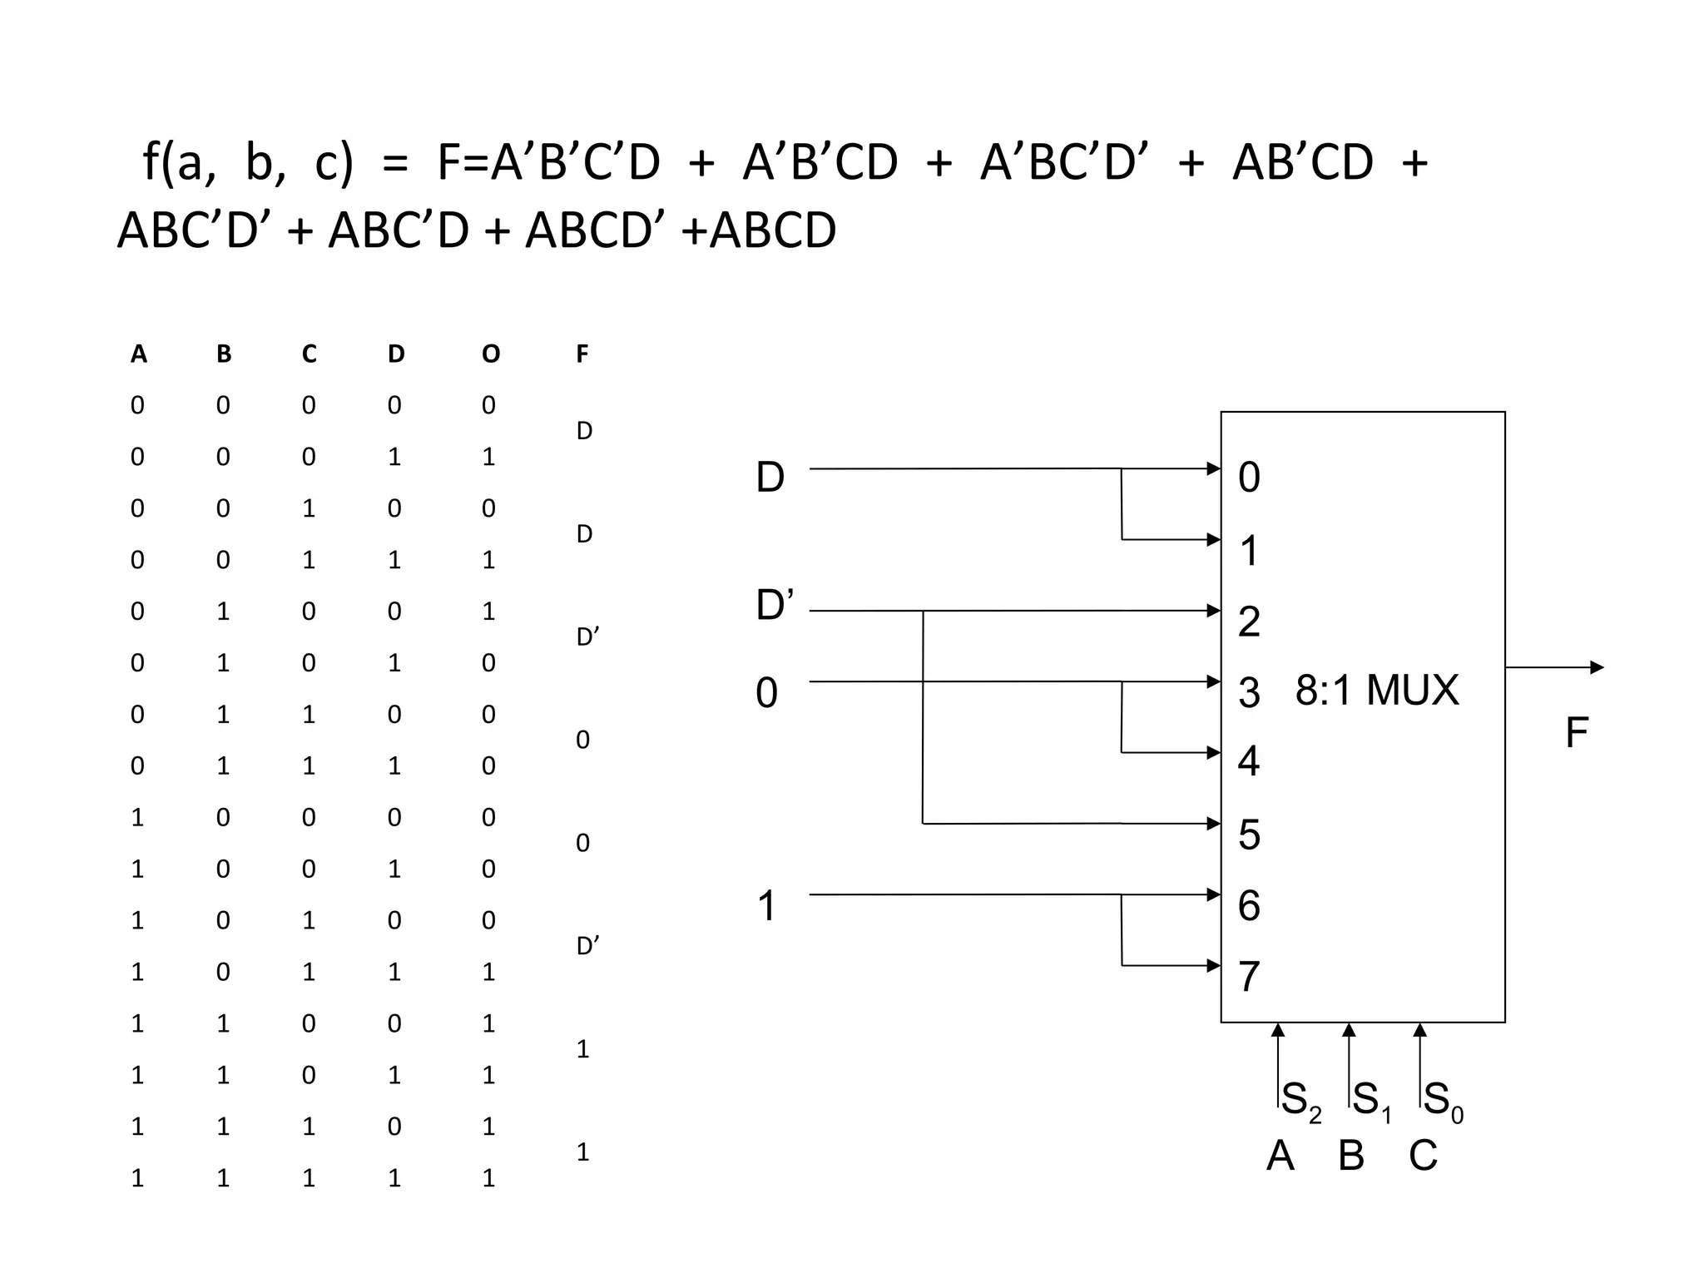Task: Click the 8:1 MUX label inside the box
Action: point(1377,691)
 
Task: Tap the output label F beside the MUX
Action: point(1577,734)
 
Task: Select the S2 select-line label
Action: point(1300,1102)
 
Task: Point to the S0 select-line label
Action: point(1443,1102)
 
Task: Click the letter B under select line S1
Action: point(1351,1156)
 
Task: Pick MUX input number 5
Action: point(1249,835)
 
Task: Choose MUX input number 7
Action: point(1249,977)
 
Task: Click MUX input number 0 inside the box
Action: point(1249,478)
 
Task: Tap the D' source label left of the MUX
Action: point(775,605)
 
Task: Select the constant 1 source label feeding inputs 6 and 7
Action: point(766,906)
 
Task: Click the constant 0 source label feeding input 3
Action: point(766,693)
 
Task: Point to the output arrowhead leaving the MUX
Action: point(1597,667)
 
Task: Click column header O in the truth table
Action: point(491,354)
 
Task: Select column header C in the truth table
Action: point(309,354)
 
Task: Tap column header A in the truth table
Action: point(139,354)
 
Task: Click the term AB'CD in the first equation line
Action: point(1302,162)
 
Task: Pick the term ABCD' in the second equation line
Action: point(595,230)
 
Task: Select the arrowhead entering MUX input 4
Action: point(1214,752)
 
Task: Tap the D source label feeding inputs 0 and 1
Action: point(770,478)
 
